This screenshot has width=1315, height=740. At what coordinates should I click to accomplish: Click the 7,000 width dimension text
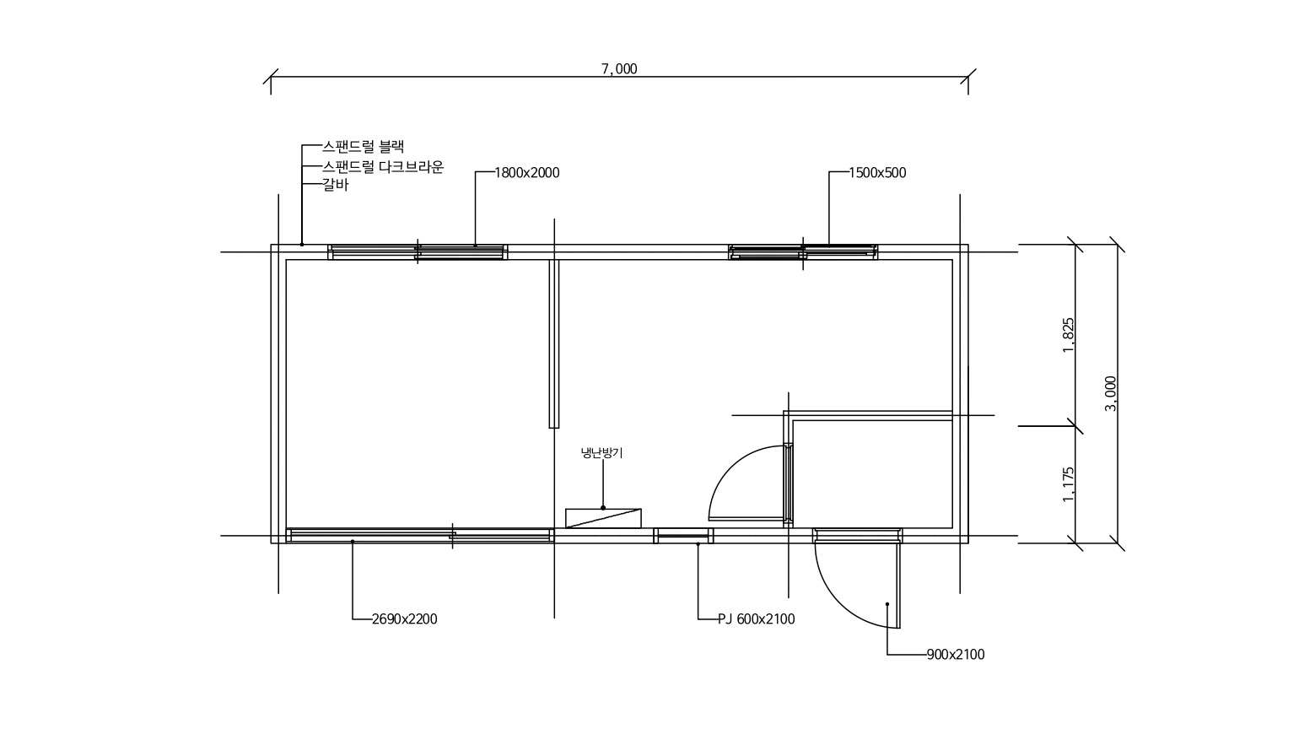(x=619, y=68)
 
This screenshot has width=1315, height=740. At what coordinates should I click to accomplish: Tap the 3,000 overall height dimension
(x=1110, y=393)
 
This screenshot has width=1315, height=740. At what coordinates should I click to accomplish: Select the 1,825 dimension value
(x=1069, y=335)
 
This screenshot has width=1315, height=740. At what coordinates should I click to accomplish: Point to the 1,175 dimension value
(x=1069, y=484)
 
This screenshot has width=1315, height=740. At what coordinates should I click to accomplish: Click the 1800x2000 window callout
(x=527, y=173)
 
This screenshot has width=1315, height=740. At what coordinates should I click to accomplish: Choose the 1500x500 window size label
(x=877, y=173)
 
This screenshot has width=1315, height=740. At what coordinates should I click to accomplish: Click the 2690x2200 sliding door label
(x=405, y=619)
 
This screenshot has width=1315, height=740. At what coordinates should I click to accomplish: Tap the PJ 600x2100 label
(x=756, y=619)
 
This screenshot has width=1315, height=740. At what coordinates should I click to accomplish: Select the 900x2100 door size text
(x=956, y=654)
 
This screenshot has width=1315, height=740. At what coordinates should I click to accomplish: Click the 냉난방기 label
(x=601, y=453)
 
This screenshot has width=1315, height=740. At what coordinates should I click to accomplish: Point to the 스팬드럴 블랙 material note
(x=363, y=146)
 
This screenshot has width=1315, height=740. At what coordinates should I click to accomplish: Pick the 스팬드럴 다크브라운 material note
(x=383, y=167)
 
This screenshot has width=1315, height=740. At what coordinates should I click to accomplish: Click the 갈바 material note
(x=335, y=185)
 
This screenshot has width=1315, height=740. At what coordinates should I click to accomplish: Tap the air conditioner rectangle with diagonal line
(x=603, y=518)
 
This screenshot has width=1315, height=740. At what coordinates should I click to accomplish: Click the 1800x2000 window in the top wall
(x=418, y=252)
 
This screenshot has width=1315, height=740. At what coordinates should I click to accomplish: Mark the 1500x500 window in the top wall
(x=803, y=252)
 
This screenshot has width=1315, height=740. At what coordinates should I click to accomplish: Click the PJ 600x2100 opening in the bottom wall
(x=683, y=536)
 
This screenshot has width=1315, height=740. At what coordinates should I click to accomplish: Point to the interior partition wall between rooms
(x=554, y=343)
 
